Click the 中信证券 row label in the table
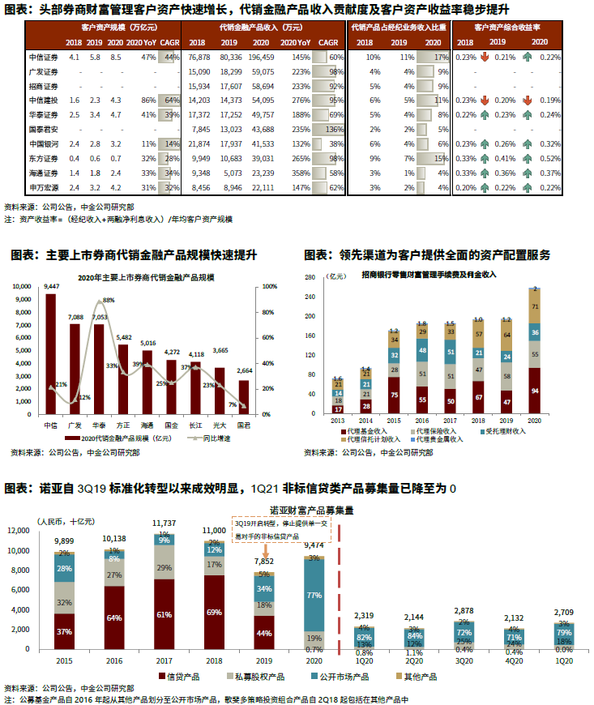tap(41, 58)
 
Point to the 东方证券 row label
tap(41, 158)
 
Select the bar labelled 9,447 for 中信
tap(51, 352)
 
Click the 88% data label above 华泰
tap(108, 301)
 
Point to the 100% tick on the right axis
tap(271, 288)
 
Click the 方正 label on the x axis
tap(123, 424)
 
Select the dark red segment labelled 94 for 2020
tap(535, 391)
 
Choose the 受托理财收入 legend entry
tap(503, 430)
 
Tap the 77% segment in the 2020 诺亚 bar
tap(313, 594)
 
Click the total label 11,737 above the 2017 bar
tap(165, 524)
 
